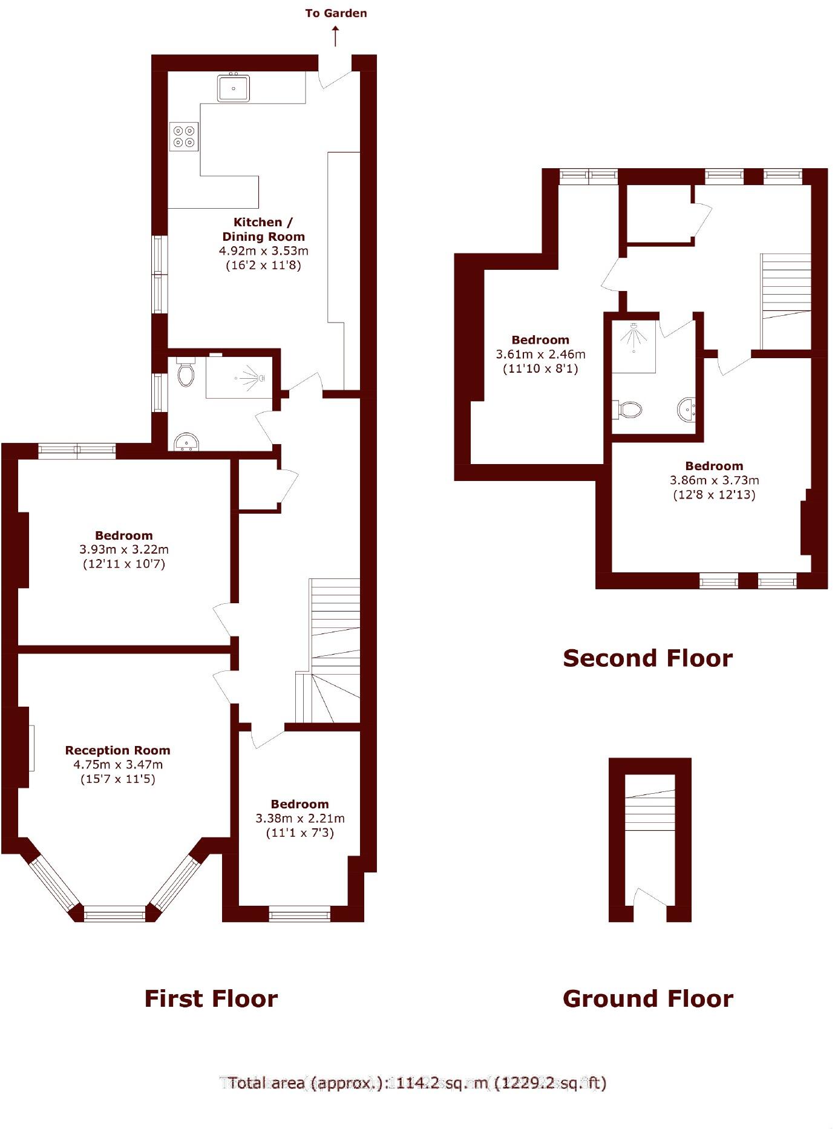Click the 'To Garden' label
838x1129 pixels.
336,13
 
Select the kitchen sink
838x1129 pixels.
234,88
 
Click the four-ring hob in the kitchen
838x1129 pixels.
184,136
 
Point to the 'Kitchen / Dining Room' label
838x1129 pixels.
263,229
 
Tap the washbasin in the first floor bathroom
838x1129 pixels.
186,442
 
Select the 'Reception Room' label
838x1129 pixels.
118,750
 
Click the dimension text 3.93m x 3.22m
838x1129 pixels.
124,549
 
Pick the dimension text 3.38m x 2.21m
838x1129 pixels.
300,818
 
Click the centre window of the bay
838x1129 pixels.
115,914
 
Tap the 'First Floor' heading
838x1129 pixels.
211,998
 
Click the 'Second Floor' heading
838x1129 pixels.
647,658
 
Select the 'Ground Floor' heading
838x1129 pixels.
647,998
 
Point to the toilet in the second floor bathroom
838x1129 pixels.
628,410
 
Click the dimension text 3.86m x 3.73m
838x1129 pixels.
714,480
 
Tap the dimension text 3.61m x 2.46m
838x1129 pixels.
540,354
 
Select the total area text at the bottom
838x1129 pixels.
417,1083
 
